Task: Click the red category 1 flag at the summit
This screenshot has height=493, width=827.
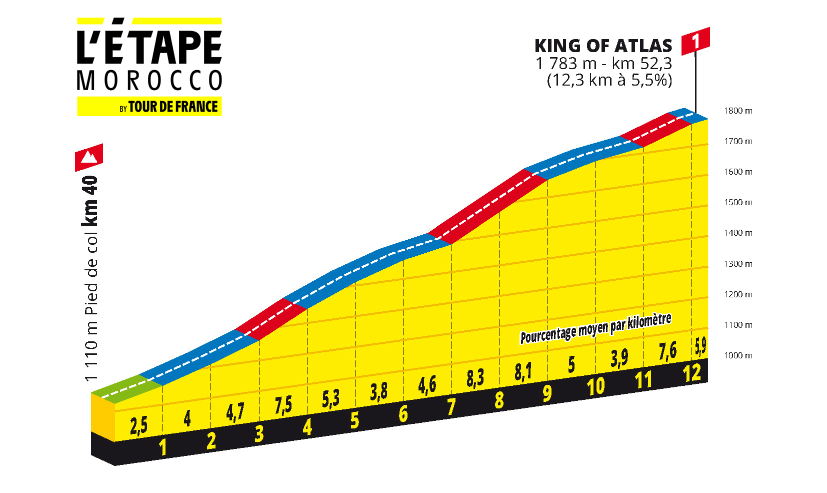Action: coord(695,41)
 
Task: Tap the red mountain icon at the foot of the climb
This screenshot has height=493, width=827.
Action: coord(89,157)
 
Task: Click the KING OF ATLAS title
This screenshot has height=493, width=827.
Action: coord(603,46)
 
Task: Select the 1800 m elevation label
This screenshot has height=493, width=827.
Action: coord(738,111)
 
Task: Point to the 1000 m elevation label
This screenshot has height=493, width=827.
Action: coord(738,356)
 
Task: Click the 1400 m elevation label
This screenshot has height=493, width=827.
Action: coord(738,233)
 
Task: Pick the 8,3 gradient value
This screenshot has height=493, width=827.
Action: coord(475,378)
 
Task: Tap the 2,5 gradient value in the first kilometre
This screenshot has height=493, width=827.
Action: coord(138,426)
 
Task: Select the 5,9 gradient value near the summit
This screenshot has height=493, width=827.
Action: coord(700,345)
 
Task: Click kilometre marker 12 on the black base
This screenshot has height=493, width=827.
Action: coord(692,373)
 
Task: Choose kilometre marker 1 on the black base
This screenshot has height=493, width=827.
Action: coord(162,447)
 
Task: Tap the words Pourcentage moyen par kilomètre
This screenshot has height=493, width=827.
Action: coord(595,329)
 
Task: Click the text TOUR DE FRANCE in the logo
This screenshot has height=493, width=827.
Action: coord(172,107)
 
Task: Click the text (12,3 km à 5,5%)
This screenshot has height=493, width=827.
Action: coord(609,80)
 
